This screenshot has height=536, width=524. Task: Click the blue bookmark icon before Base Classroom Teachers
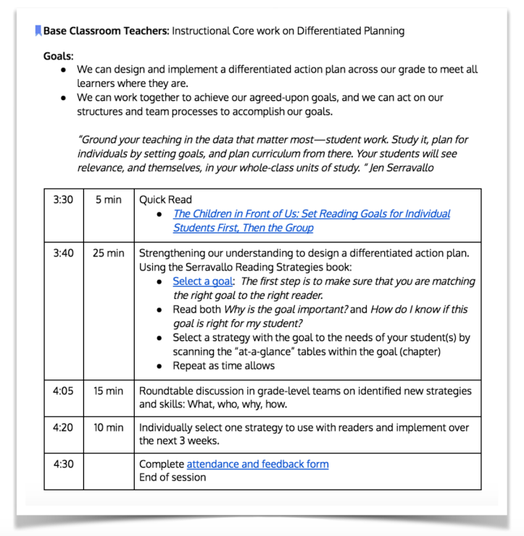[38, 31]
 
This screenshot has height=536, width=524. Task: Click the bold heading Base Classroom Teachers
[106, 31]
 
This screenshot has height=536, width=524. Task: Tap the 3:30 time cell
[63, 199]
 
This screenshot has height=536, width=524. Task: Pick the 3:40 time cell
[63, 253]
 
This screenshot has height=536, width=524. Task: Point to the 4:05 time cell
[63, 391]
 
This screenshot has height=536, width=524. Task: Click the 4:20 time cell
[63, 427]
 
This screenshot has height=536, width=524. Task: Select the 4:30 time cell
[63, 463]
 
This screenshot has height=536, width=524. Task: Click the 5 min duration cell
[108, 199]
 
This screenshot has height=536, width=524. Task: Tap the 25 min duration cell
[108, 253]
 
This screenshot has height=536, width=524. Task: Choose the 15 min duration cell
[108, 391]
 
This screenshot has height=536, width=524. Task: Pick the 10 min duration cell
[108, 427]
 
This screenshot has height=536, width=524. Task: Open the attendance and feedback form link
[257, 463]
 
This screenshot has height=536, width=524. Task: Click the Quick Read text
[166, 199]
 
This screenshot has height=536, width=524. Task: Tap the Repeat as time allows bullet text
[223, 366]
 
